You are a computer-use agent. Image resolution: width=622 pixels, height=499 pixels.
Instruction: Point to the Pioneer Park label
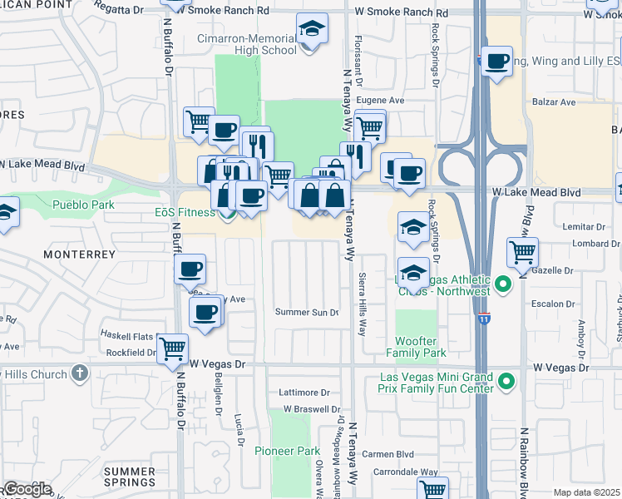pos(287,451)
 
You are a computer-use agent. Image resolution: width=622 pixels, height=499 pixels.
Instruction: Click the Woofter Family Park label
pos(416,348)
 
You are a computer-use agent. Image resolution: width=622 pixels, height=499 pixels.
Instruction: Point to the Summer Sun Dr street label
pos(308,313)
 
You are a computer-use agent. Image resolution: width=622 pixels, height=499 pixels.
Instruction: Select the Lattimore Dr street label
pos(304,393)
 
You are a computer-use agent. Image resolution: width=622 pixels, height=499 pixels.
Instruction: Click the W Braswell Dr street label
pos(312,409)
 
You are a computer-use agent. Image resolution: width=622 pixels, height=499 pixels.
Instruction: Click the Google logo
pos(27,488)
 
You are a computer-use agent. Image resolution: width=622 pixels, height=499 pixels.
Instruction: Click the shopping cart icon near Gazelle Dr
pos(522,251)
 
